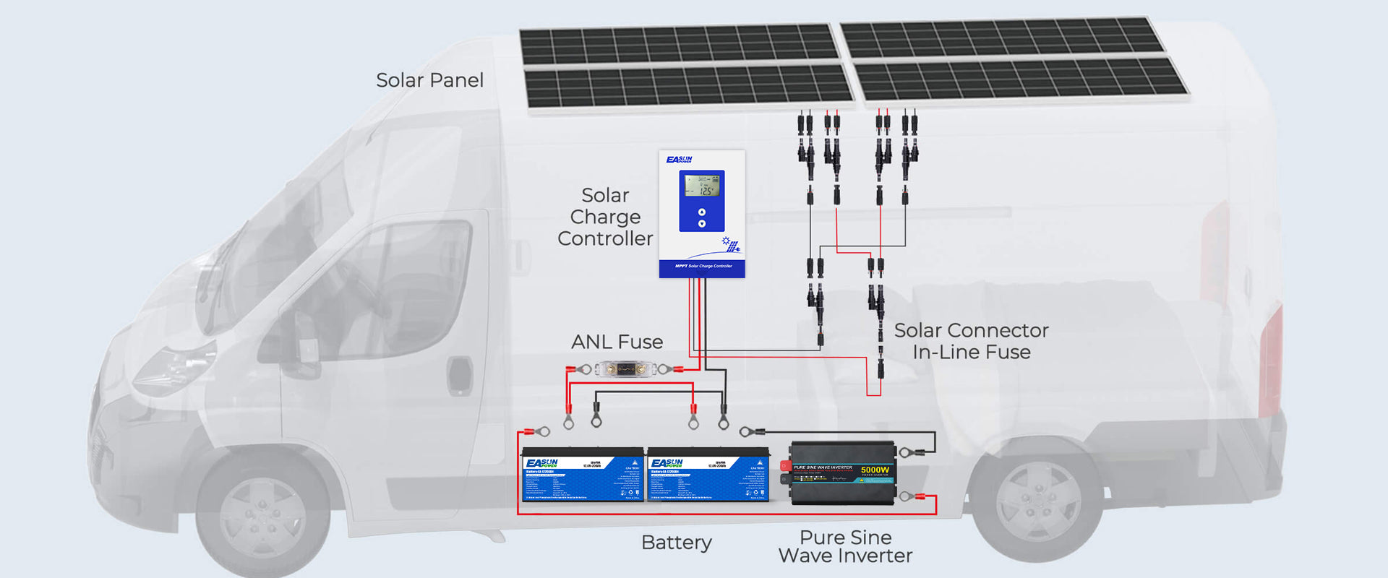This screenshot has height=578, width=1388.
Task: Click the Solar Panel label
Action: [429, 80]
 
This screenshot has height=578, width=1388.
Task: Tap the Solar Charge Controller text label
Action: [605, 217]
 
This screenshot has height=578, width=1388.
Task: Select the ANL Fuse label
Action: [617, 342]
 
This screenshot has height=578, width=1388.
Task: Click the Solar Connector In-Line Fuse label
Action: [971, 341]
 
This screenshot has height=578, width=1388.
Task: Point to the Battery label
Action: [676, 542]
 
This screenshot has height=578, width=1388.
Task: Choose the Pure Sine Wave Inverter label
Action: [845, 546]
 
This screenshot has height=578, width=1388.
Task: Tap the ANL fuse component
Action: [625, 370]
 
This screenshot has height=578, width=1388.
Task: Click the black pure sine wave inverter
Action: [843, 473]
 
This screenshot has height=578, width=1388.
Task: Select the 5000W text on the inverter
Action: [875, 470]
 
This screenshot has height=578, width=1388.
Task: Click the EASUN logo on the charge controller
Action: [679, 160]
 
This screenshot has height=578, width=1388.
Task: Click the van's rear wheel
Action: [1037, 499]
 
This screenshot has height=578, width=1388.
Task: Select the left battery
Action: [583, 475]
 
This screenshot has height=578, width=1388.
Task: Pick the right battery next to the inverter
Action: [708, 475]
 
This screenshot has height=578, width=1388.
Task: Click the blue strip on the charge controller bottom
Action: [702, 268]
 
